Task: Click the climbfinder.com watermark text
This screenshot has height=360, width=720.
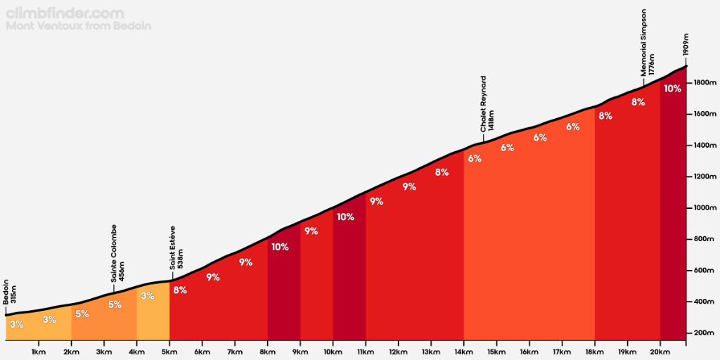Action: coord(65,13)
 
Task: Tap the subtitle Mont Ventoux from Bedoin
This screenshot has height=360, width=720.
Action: coord(78,27)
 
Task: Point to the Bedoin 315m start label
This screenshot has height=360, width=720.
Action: coord(10,290)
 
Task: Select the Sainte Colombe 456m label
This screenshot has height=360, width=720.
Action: coord(117,254)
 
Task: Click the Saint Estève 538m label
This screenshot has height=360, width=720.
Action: coord(176,247)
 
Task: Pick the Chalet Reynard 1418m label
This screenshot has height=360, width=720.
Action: coord(487,103)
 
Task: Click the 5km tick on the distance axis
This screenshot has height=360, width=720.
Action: coord(169,352)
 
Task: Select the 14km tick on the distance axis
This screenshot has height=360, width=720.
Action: coord(463,352)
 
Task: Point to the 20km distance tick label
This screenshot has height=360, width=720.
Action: coord(660,352)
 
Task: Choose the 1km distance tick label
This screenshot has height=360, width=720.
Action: coord(39,352)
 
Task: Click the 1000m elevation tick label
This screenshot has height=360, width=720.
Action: coord(703,208)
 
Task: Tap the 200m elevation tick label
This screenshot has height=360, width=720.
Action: coord(703,333)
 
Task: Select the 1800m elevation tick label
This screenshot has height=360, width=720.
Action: coord(703,83)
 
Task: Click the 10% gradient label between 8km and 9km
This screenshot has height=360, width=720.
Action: coord(280,247)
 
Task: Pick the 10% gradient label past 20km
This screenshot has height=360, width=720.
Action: coord(672,89)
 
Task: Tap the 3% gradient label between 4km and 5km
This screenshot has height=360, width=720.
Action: coord(147,296)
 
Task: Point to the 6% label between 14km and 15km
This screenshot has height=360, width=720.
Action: coord(475,158)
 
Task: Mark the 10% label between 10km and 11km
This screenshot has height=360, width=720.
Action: coord(345,217)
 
